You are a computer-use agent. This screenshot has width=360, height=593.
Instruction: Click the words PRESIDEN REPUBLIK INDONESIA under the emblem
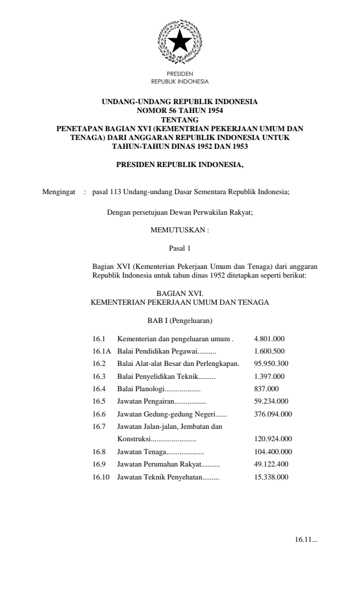(x=180, y=77)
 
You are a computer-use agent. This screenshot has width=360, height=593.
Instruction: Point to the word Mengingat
(x=59, y=192)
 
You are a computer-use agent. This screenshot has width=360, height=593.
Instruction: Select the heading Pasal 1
(x=180, y=249)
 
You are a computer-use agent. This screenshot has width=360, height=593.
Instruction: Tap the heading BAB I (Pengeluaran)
(x=180, y=321)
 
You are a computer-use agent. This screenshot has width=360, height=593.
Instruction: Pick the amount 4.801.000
(x=269, y=339)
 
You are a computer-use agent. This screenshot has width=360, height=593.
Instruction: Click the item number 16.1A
(x=102, y=351)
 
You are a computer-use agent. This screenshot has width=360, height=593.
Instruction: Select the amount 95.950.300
(x=271, y=363)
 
